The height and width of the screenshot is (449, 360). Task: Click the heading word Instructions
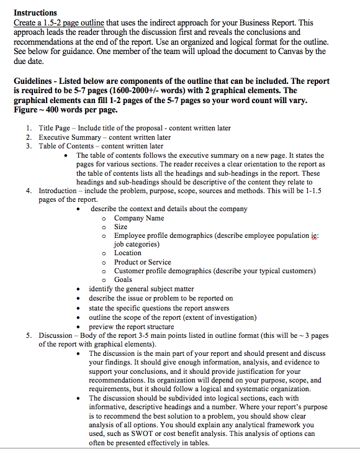pyautogui.click(x=35, y=12)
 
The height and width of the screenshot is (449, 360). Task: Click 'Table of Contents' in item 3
pyautogui.click(x=66, y=146)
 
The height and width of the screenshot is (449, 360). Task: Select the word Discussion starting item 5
pyautogui.click(x=55, y=335)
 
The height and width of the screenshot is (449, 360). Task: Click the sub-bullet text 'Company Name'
pyautogui.click(x=139, y=218)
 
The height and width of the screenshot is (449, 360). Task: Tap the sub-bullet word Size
pyautogui.click(x=120, y=227)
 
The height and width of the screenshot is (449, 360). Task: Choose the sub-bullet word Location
pyautogui.click(x=128, y=253)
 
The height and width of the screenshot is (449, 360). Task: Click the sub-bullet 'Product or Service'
pyautogui.click(x=142, y=262)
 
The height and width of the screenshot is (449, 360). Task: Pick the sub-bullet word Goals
pyautogui.click(x=124, y=279)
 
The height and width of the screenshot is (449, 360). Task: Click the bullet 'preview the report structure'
pyautogui.click(x=131, y=327)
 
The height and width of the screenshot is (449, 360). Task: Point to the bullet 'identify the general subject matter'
pyautogui.click(x=141, y=289)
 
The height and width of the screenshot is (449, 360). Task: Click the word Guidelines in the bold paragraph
pyautogui.click(x=35, y=81)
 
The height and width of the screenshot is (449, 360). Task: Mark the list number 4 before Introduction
pyautogui.click(x=29, y=191)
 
